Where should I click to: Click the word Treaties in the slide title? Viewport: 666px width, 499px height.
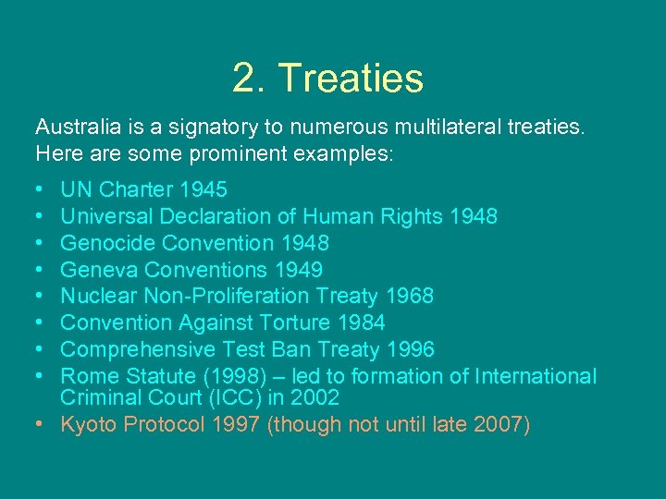(351, 79)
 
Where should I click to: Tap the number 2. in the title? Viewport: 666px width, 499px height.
(249, 79)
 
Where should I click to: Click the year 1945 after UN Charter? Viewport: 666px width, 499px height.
(203, 189)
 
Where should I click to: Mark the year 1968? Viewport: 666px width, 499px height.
(409, 297)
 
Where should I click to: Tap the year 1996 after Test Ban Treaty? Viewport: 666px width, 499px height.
(410, 350)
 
